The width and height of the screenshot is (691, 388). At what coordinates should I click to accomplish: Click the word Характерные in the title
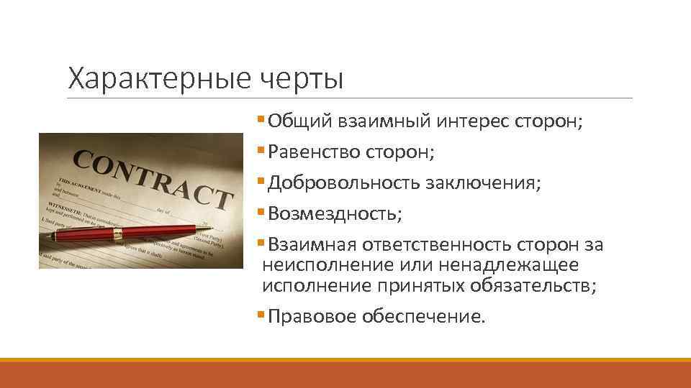[x=157, y=78]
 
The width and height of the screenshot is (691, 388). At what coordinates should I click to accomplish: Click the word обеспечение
[x=423, y=317]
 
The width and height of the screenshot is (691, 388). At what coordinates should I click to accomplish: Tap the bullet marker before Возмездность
[x=260, y=214]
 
